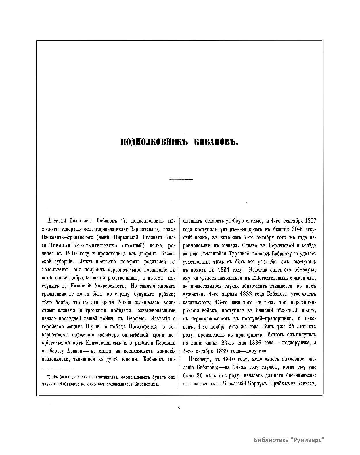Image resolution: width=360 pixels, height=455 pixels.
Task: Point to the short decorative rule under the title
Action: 181,179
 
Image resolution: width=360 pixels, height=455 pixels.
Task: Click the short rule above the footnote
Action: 58,368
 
